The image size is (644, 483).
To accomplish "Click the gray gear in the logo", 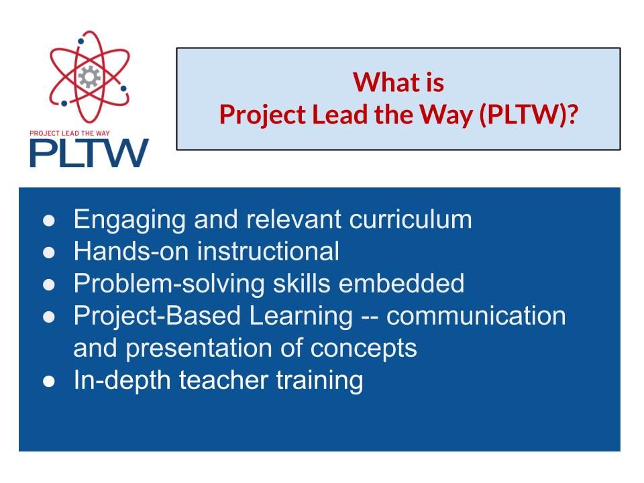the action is [x=89, y=76].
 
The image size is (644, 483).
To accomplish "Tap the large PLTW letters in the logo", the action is [x=89, y=153].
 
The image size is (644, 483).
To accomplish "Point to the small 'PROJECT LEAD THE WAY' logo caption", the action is [x=70, y=133].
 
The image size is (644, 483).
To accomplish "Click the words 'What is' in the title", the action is [x=398, y=82].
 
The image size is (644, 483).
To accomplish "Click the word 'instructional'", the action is [x=268, y=251].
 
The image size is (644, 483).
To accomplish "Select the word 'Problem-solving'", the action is [x=169, y=284].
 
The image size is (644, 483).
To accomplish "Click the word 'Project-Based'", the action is [x=157, y=317].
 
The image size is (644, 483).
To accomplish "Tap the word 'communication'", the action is [x=476, y=316].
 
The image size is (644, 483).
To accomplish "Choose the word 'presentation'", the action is [x=199, y=349].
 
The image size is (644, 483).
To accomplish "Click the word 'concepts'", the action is [x=364, y=349].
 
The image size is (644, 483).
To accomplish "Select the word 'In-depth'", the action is [x=122, y=381].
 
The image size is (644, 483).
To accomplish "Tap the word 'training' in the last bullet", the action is [x=319, y=381].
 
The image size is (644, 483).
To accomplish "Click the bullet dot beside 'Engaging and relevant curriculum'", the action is [x=49, y=221].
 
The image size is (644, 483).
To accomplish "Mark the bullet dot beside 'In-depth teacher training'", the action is [x=49, y=382].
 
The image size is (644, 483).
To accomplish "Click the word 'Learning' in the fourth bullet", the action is [x=301, y=317].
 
